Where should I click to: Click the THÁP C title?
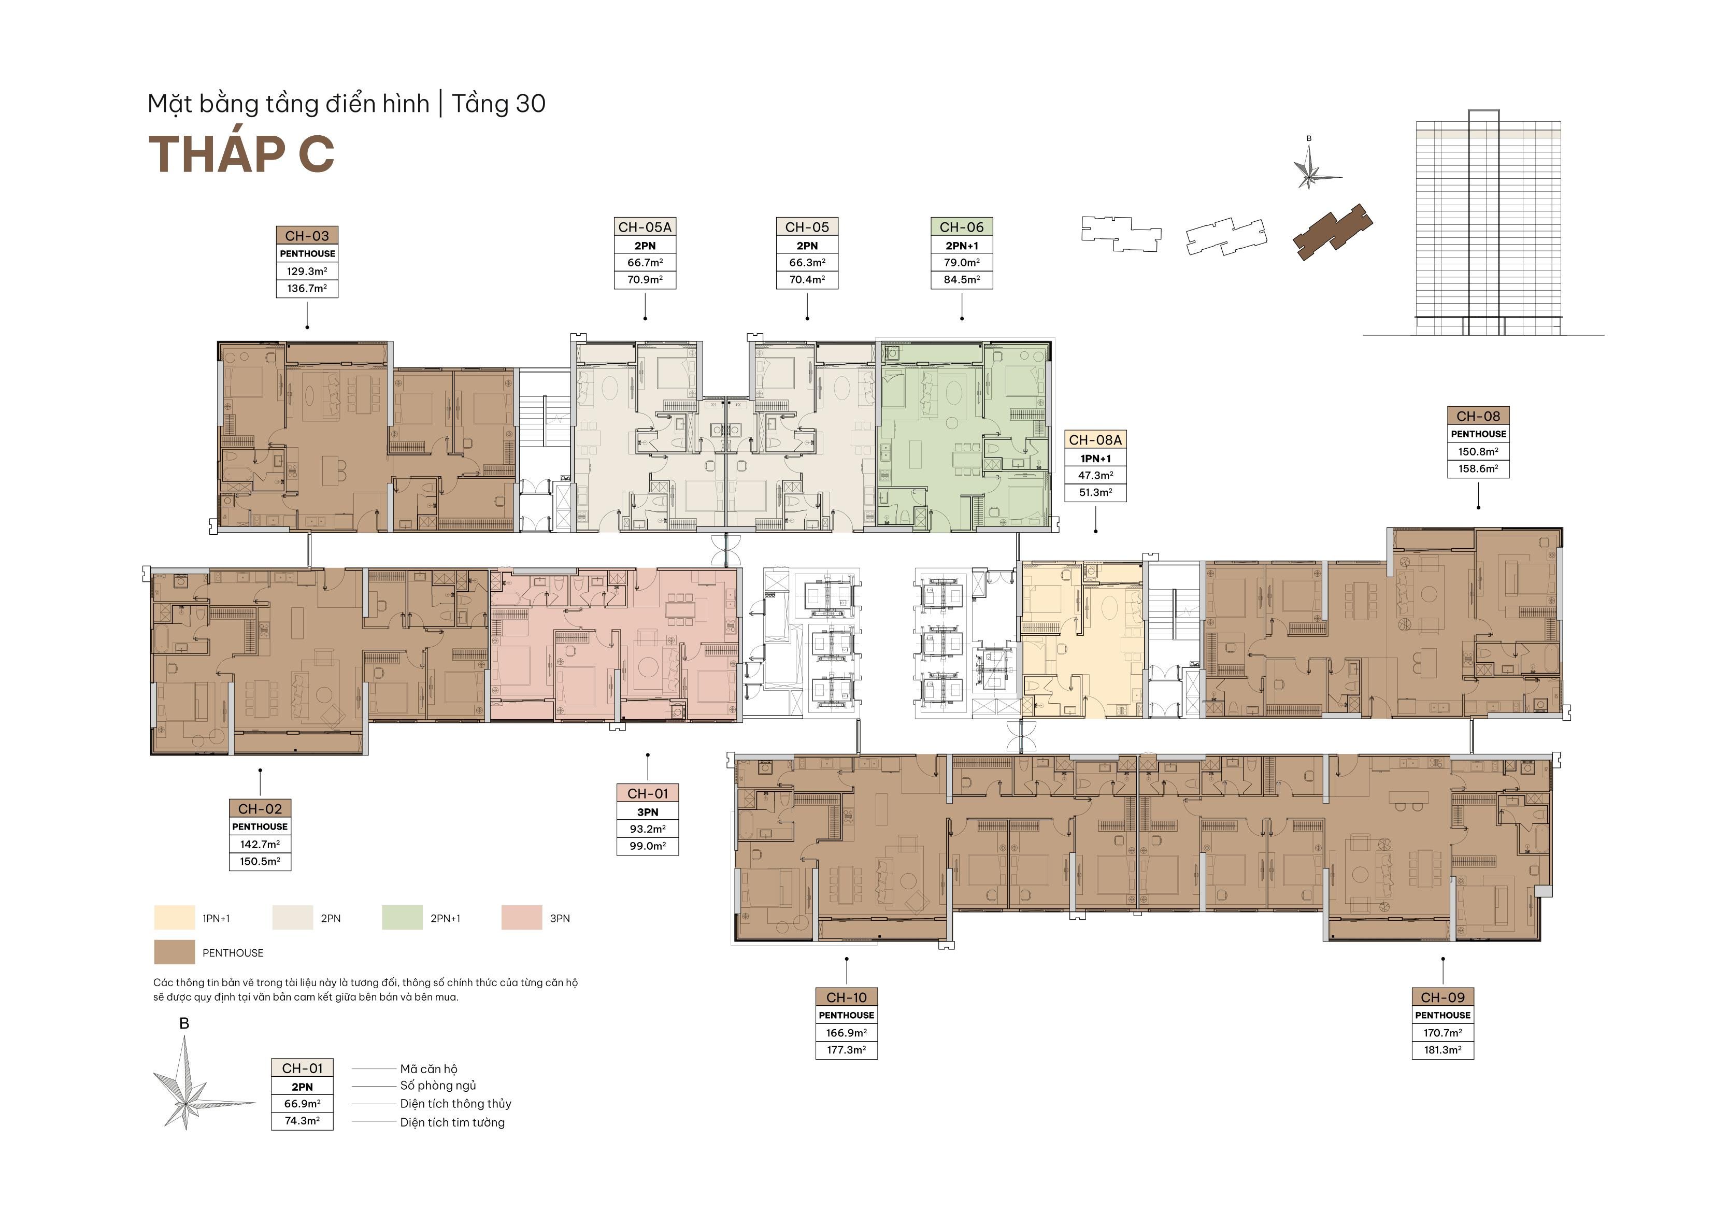[x=241, y=154]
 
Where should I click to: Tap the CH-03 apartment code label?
[x=307, y=236]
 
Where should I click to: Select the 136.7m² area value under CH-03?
[x=307, y=288]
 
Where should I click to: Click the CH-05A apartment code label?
[x=645, y=227]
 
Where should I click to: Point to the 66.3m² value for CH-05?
[x=807, y=263]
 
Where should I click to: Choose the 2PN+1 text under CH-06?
[x=962, y=246]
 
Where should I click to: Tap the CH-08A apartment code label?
[x=1095, y=440]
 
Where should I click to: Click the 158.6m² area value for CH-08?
[x=1478, y=469]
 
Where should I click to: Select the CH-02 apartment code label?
[x=260, y=809]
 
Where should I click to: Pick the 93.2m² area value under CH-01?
[x=647, y=829]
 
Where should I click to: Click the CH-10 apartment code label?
[x=847, y=997]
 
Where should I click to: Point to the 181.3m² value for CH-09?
[x=1442, y=1050]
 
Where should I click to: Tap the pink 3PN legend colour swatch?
[x=522, y=918]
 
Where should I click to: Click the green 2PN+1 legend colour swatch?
[x=402, y=918]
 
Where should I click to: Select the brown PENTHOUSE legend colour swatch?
[x=174, y=952]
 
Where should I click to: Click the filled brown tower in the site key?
[x=1333, y=232]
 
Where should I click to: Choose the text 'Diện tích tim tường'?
[x=452, y=1122]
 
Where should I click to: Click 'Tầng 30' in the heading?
[x=498, y=104]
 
